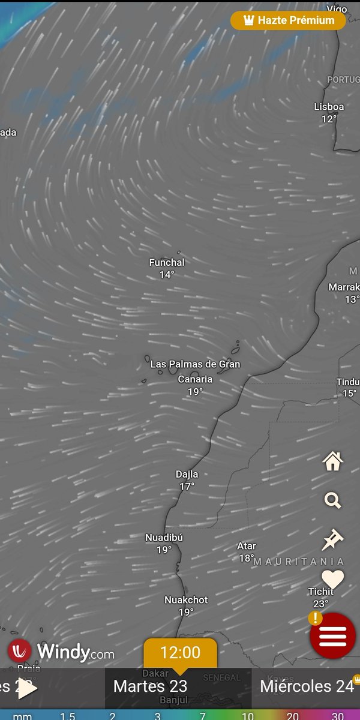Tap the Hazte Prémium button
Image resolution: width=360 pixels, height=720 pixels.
click(x=289, y=20)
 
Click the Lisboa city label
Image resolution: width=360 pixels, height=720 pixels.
click(x=329, y=107)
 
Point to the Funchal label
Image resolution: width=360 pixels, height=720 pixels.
click(x=167, y=262)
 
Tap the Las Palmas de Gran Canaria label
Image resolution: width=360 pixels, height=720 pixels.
click(x=195, y=371)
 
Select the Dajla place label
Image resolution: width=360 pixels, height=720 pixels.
click(x=187, y=474)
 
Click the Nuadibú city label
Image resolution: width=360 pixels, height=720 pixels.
click(x=164, y=538)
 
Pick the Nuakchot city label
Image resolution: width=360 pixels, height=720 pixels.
click(x=186, y=599)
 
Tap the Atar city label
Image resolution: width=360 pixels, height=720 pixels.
click(x=247, y=546)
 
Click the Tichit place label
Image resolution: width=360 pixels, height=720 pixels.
click(x=321, y=592)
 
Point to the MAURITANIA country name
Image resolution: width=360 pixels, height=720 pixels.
click(x=299, y=562)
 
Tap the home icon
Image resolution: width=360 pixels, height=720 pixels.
click(x=332, y=461)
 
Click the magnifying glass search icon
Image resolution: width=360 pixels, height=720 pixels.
click(x=332, y=500)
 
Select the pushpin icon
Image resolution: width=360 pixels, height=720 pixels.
click(x=332, y=540)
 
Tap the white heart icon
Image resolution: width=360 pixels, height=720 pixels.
click(x=332, y=579)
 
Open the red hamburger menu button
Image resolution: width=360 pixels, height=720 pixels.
click(x=333, y=636)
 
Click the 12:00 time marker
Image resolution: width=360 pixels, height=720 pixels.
click(x=180, y=653)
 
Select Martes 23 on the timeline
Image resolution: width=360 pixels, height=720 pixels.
click(x=151, y=686)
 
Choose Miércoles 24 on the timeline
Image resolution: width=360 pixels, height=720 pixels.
click(x=307, y=686)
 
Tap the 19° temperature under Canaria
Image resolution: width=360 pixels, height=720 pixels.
click(x=195, y=392)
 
